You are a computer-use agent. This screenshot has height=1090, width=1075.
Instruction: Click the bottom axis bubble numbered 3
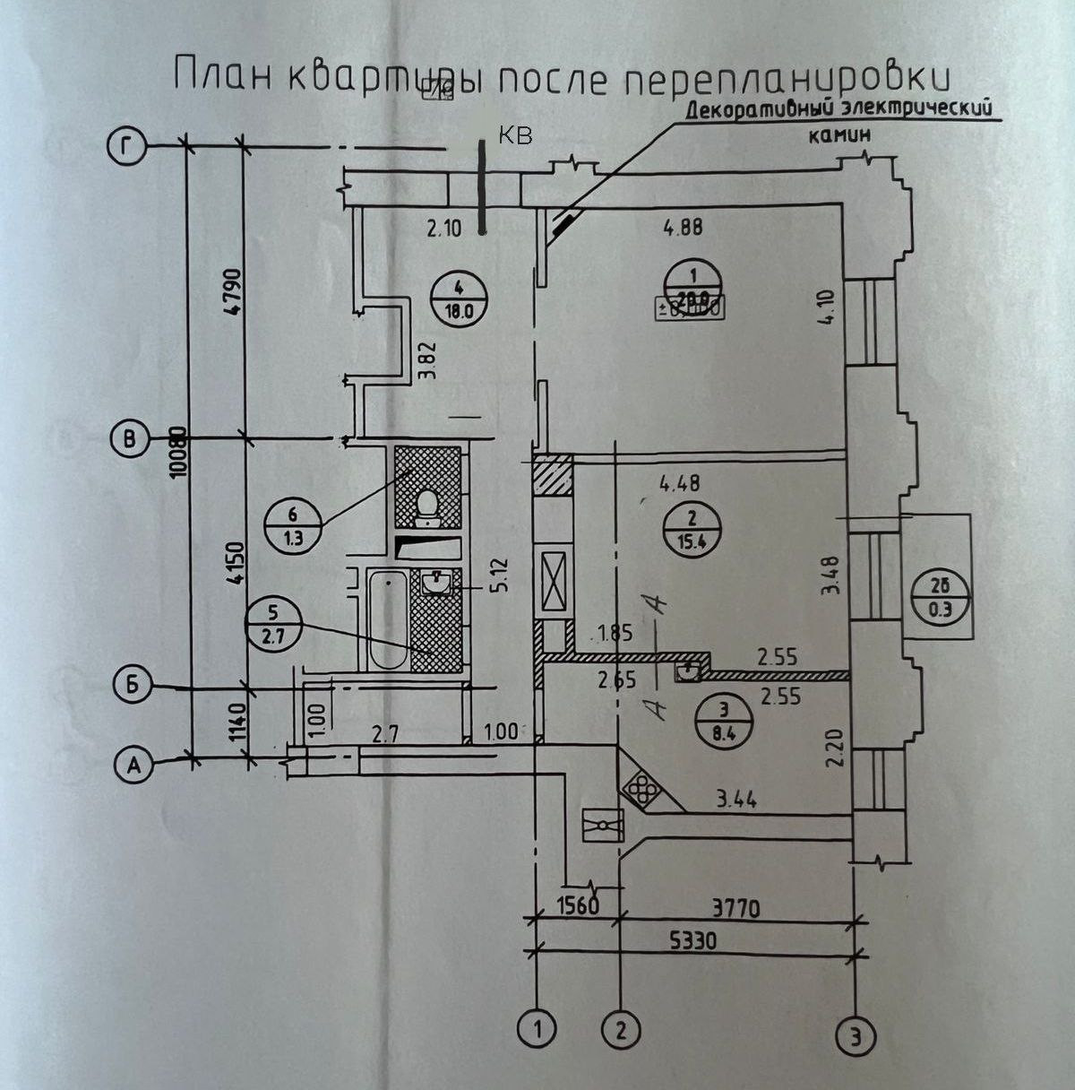tap(857, 1037)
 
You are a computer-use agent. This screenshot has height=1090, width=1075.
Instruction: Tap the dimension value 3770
tap(735, 910)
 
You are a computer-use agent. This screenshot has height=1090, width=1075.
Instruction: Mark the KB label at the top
tap(514, 135)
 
